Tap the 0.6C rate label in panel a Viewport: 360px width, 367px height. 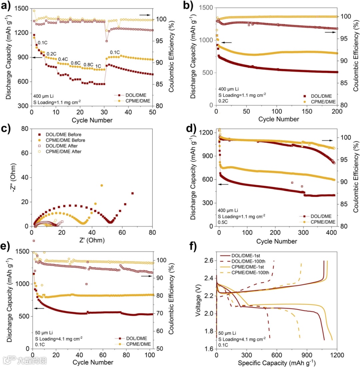click(75, 63)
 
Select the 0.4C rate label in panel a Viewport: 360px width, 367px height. click(63, 59)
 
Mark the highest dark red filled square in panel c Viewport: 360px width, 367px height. click(132, 193)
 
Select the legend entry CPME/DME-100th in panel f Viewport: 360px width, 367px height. click(250, 272)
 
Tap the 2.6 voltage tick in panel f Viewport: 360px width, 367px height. click(209, 261)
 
